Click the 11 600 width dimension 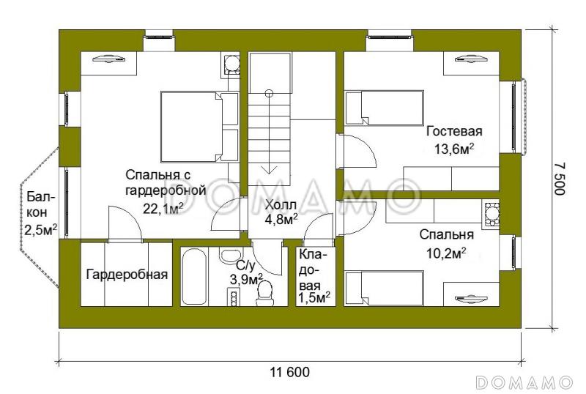(x=289, y=371)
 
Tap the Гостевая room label (x=454, y=132)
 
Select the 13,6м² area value (x=454, y=149)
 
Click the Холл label (x=281, y=204)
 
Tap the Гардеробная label (x=127, y=275)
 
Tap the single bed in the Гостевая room (x=385, y=108)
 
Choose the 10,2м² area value (x=446, y=253)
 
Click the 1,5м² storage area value (x=314, y=297)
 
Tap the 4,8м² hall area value (x=281, y=218)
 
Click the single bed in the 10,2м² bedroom (x=385, y=289)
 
